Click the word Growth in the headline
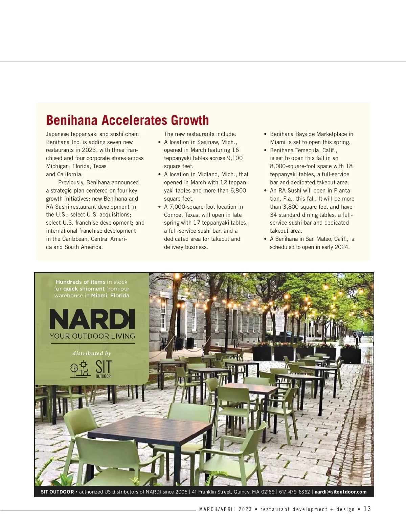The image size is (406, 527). pos(190,120)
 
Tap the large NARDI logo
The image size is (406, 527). pos(92,319)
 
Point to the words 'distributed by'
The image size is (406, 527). pos(92,353)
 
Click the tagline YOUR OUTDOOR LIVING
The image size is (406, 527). pos(92,336)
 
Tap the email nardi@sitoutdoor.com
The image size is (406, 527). pos(340,492)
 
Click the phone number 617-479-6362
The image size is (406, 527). pos(294,492)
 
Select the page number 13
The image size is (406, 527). pos(367,509)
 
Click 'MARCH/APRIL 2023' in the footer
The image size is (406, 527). pos(226,509)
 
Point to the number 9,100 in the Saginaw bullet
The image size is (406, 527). pos(235,158)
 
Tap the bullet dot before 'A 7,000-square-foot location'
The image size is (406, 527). pos(160,207)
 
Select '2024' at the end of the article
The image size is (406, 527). pos(341,247)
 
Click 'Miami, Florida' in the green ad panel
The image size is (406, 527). pos(110,295)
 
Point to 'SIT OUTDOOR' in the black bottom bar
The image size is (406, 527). pos(57,492)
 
